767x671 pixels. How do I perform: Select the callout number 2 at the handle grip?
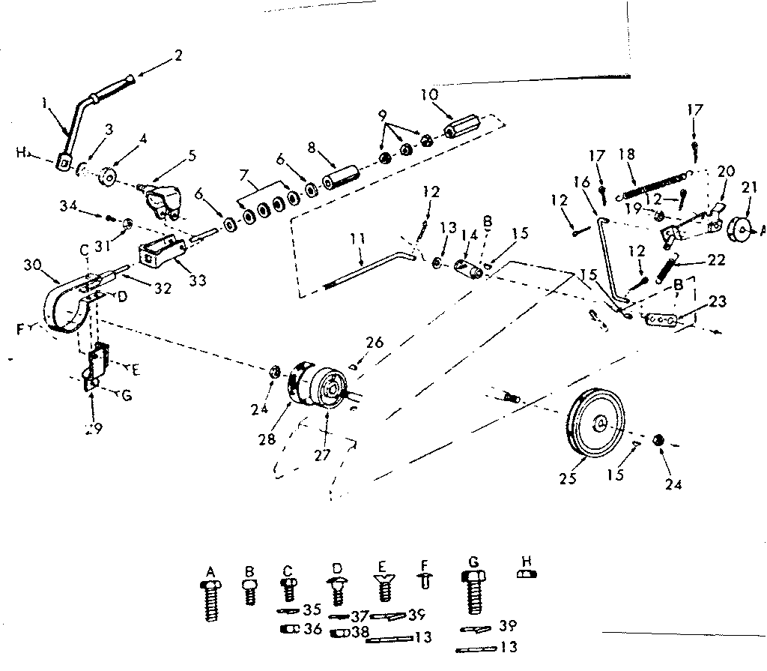[178, 55]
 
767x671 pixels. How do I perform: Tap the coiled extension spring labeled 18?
[652, 185]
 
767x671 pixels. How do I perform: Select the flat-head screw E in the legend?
[383, 584]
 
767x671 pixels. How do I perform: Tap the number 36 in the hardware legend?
[313, 629]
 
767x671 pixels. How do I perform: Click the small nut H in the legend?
[527, 574]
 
